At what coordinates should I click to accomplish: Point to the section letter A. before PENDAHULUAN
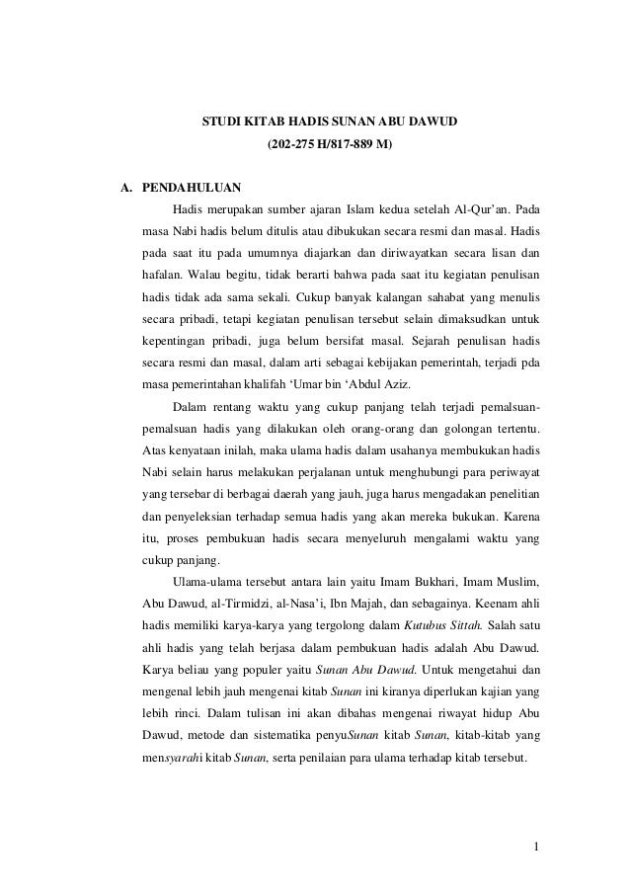point(125,185)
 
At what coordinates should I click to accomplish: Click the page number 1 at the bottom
point(534,846)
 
